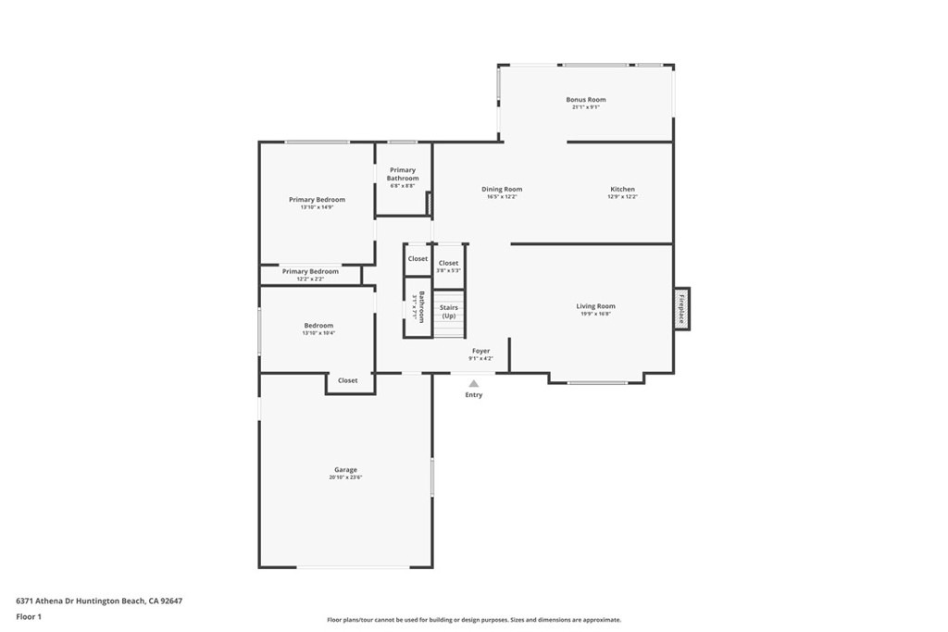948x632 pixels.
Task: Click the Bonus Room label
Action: [586, 100]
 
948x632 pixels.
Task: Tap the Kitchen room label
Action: [622, 190]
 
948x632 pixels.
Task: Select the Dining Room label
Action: [502, 190]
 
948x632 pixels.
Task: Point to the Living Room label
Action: [595, 306]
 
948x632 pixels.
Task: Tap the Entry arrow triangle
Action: [474, 383]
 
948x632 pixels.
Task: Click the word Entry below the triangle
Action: [474, 395]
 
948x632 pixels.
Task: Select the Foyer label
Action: [480, 351]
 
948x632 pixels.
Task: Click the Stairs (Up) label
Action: [449, 312]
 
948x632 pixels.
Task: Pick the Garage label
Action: [345, 470]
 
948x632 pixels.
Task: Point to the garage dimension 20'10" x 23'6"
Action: [345, 477]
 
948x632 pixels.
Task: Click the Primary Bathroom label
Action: [403, 174]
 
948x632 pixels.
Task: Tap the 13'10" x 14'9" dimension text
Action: [317, 207]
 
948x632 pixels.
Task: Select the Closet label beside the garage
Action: [348, 380]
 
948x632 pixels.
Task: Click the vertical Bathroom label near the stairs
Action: [421, 306]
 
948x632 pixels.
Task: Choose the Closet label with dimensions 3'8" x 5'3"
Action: [448, 264]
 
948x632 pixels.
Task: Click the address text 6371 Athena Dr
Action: [99, 601]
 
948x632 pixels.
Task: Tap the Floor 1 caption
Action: [29, 616]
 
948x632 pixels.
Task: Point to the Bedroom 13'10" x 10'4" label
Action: [318, 326]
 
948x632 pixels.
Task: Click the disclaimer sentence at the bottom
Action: [474, 620]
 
